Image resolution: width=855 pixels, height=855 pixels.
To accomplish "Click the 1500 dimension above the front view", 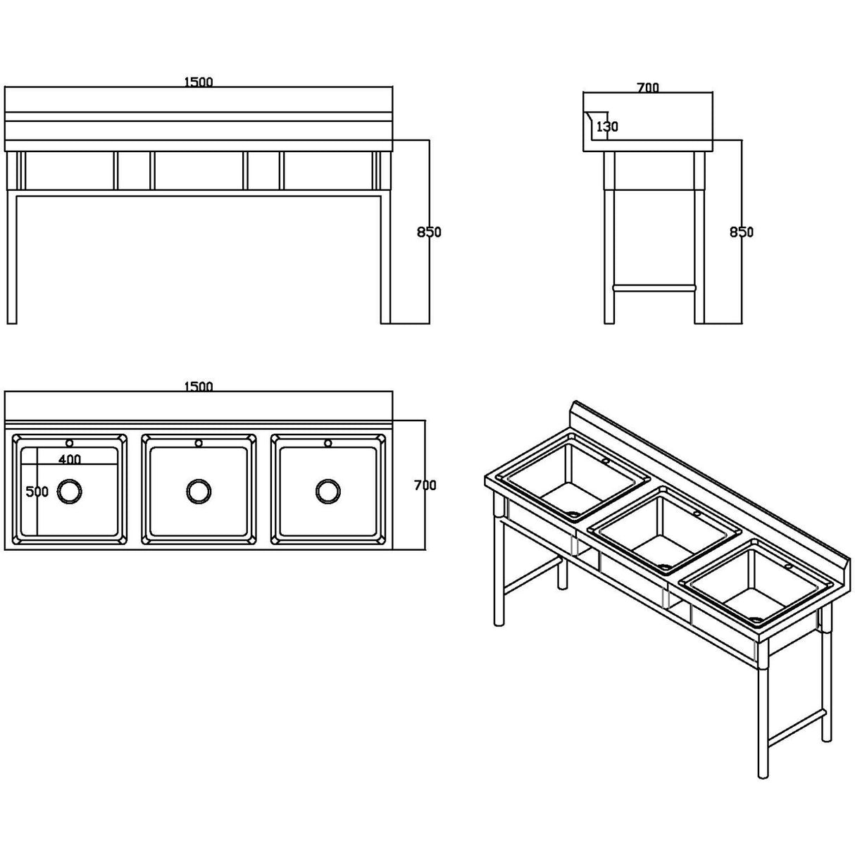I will (198, 82).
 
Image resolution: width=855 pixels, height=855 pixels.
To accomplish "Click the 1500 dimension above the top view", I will (198, 387).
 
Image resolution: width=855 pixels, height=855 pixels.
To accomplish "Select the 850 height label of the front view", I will (429, 232).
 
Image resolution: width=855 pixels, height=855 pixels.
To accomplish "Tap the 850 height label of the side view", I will (741, 232).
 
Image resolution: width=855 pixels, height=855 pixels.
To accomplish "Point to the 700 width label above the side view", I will (647, 88).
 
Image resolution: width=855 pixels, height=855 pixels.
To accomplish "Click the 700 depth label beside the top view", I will (425, 485).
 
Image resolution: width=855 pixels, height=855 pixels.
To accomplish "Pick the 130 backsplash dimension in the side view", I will (606, 127).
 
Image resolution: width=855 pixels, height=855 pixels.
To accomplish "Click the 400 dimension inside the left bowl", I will (69, 459).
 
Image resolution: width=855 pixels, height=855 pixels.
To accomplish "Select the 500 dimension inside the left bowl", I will (37, 492).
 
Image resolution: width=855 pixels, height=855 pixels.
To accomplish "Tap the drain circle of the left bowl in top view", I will (69, 491).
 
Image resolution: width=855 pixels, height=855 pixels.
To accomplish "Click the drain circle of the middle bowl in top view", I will (199, 491).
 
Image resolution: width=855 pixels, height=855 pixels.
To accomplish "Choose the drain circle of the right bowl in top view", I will (327, 491).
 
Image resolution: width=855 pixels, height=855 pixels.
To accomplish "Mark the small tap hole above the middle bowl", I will (199, 443).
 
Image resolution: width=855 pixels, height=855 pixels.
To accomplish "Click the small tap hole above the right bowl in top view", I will (327, 443).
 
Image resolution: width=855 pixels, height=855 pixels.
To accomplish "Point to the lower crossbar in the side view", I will (654, 287).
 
